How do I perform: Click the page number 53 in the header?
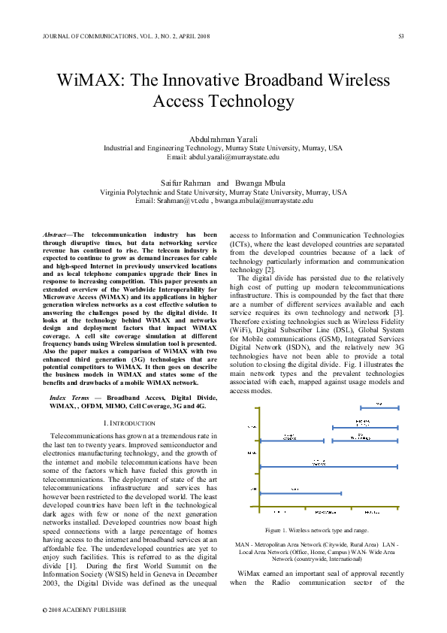tap(401, 36)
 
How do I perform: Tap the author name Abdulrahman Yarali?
tap(223, 140)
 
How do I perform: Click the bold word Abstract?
tap(54, 235)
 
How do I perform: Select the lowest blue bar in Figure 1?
tap(300, 493)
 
